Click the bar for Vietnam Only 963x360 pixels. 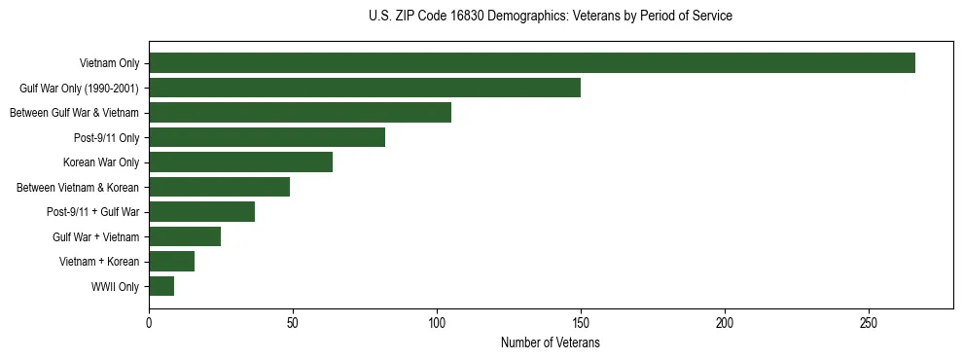532,63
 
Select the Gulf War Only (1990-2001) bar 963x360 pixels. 365,88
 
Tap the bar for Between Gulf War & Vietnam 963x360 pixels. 300,113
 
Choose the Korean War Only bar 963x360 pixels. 240,162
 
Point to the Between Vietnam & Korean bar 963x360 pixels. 219,187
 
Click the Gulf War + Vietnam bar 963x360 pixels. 185,236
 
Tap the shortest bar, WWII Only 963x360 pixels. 161,286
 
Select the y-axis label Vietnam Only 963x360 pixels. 109,63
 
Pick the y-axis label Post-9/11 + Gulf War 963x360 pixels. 92,212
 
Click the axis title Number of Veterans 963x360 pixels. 550,343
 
